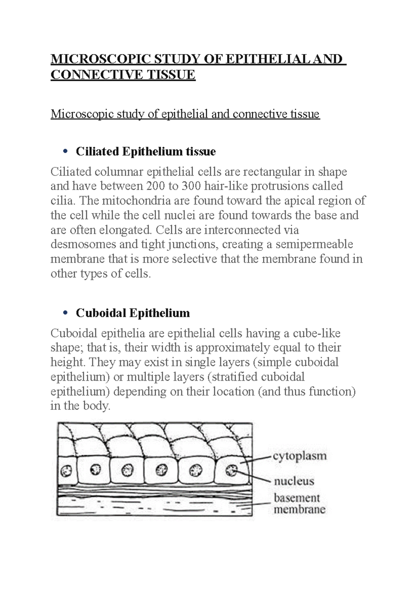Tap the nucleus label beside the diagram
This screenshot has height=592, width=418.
pyautogui.click(x=294, y=481)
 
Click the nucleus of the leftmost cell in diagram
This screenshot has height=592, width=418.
pyautogui.click(x=65, y=471)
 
